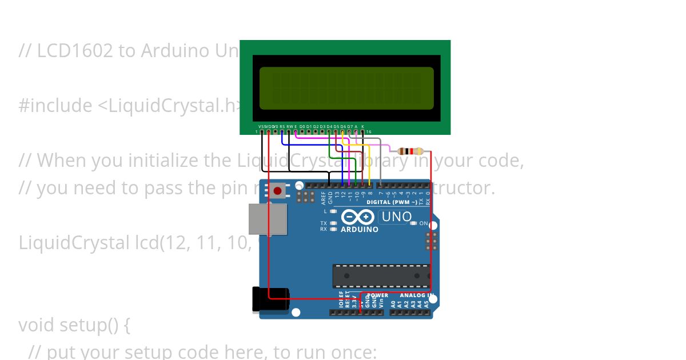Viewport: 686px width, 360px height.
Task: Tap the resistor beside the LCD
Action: (x=410, y=151)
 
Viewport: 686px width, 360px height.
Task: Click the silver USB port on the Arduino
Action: (x=268, y=218)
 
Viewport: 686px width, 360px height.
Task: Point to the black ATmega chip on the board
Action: (x=381, y=275)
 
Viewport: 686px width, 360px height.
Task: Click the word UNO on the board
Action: (x=396, y=217)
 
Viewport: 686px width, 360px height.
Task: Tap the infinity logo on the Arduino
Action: (x=358, y=217)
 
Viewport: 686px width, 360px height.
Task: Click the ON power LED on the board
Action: (x=413, y=223)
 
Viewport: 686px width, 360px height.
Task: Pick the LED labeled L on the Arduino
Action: (x=333, y=211)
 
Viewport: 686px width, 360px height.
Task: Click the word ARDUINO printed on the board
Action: (x=360, y=230)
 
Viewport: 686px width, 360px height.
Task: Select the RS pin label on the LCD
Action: (x=282, y=126)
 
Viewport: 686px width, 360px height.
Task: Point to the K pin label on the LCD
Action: (x=362, y=126)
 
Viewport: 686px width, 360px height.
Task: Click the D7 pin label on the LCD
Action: (x=349, y=126)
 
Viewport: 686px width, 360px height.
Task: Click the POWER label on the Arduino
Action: (x=377, y=295)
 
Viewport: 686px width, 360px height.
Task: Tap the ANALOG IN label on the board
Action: (x=416, y=295)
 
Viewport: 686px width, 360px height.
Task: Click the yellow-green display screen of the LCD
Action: (x=346, y=88)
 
